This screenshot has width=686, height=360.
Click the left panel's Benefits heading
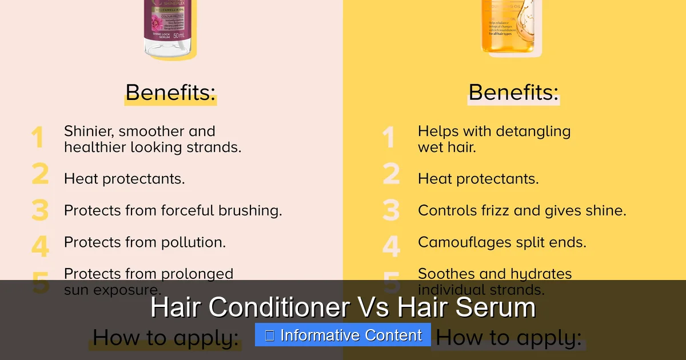pos(170,93)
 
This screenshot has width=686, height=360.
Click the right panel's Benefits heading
pos(513,93)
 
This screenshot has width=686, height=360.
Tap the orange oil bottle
pos(512,29)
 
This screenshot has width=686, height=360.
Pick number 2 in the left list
pos(40,174)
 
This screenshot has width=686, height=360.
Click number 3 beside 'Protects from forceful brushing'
pos(40,210)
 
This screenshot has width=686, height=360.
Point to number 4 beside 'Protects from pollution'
pos(40,246)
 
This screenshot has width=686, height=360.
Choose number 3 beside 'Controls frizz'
pos(391,210)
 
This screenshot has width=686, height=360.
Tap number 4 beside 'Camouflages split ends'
pos(391,246)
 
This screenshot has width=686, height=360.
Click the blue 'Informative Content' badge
pos(343,335)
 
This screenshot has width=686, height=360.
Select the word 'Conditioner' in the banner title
pos(277,307)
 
